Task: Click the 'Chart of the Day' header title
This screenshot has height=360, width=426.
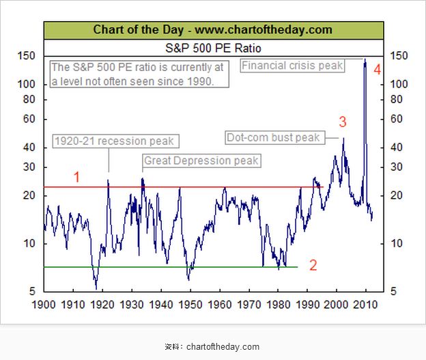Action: (x=212, y=29)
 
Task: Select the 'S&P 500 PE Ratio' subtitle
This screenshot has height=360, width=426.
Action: (x=213, y=49)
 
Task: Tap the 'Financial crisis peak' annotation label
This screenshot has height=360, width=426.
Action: (x=292, y=66)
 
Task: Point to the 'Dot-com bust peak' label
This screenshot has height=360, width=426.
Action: (x=273, y=137)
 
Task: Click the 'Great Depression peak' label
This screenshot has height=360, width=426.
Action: (x=201, y=161)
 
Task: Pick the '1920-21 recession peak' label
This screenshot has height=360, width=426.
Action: (x=114, y=141)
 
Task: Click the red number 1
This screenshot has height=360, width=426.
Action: (x=77, y=177)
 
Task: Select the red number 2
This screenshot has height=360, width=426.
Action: (x=313, y=266)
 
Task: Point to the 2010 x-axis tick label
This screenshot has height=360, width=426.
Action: (x=365, y=304)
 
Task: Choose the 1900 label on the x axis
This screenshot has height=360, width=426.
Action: (x=44, y=304)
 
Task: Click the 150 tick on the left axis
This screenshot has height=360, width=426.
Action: (x=28, y=55)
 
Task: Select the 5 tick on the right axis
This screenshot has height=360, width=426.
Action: (x=393, y=292)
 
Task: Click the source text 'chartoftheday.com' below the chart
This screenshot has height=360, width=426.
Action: (x=223, y=347)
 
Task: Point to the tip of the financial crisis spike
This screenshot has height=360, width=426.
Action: (x=365, y=59)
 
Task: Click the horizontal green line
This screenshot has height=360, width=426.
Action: (x=171, y=267)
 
